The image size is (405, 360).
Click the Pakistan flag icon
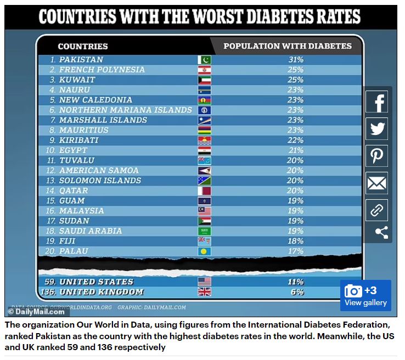pos(204,60)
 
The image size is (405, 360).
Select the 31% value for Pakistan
pos(295,60)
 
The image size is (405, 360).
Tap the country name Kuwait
pos(77,80)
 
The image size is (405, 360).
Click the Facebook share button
pos(377,102)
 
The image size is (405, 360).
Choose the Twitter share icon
pos(377,129)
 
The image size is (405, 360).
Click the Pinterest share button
pos(377,156)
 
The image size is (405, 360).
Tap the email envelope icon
pos(377,183)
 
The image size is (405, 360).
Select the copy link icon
pos(377,210)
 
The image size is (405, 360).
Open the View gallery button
pos(365,296)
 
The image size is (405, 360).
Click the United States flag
pos(204,282)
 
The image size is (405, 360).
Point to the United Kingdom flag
pos(204,292)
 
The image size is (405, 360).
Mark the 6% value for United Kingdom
pos(297,292)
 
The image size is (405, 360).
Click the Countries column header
pos(83,47)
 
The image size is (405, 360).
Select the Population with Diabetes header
pos(287,47)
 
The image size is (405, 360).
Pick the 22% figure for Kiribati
pos(295,140)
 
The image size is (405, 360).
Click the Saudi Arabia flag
pos(204,231)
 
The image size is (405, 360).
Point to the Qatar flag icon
pos(204,191)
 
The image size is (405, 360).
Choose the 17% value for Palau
pos(295,251)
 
